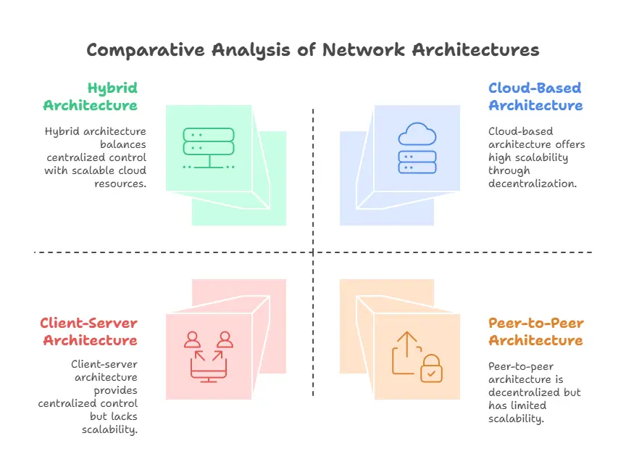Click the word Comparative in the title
pyautogui.click(x=146, y=50)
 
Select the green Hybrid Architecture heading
pyautogui.click(x=90, y=96)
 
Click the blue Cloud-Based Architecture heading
pyautogui.click(x=535, y=96)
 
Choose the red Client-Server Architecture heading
pyautogui.click(x=88, y=331)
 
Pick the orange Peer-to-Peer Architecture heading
pyautogui.click(x=535, y=331)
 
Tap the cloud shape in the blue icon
pyautogui.click(x=417, y=135)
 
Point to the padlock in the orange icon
pyautogui.click(x=432, y=369)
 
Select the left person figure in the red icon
pyautogui.click(x=193, y=339)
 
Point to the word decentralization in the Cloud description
pyautogui.click(x=533, y=184)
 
